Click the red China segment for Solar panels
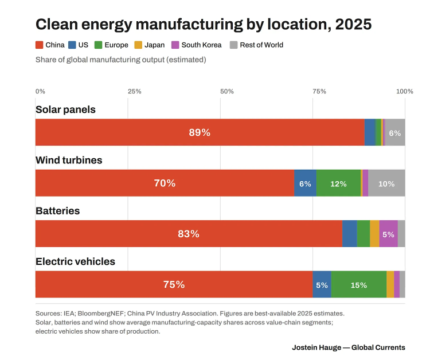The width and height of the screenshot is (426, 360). pos(200,132)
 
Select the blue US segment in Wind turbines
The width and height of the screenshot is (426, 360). pos(305,183)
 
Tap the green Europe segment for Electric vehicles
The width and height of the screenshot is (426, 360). pos(358,284)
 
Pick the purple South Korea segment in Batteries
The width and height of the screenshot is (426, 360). pos(388,234)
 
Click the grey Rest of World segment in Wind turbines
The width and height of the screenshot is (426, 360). pos(386,183)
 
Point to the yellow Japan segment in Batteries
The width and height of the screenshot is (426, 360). pos(374,234)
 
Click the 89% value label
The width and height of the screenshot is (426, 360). pos(200,132)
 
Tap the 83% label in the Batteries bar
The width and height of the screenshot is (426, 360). pos(189,234)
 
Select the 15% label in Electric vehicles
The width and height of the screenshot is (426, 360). pos(358,285)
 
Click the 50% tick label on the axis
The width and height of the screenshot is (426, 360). pos(227,91)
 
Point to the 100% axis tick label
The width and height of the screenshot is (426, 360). pos(405,91)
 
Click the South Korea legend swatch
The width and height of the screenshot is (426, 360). pos(175,45)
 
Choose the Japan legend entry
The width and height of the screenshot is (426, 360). pos(150,45)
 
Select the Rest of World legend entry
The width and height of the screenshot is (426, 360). pos(256,45)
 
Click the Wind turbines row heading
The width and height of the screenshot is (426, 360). pos(69,161)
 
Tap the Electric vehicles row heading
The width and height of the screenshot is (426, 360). pos(75,261)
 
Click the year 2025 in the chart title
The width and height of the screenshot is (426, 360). pos(353,24)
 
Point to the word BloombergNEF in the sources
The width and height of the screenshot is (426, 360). pos(100,313)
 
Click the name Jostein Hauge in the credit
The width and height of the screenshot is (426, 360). pos(316,347)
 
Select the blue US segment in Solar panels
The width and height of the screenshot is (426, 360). pos(370,132)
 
